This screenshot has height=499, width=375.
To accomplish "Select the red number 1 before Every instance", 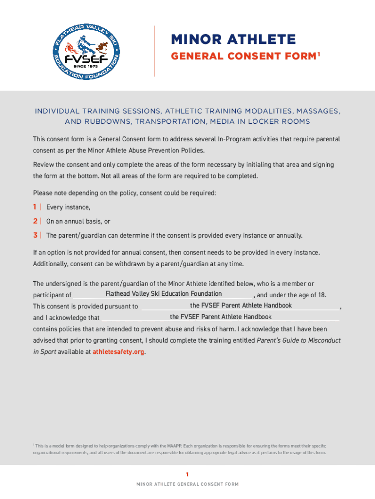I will tap(35, 207).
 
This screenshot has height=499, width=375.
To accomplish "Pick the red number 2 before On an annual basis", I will tap(35, 221).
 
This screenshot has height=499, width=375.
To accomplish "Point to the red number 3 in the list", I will tap(35, 235).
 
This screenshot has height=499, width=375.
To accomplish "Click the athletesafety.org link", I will tap(118, 352).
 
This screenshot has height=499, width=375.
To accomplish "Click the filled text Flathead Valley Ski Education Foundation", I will tap(164, 293).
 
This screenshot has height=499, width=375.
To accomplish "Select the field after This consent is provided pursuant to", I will tap(241, 306).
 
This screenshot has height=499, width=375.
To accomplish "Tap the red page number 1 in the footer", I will tap(187, 474).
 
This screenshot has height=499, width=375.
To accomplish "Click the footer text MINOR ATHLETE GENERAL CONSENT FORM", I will tap(187, 484).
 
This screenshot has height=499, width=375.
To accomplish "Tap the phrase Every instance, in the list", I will tap(68, 207).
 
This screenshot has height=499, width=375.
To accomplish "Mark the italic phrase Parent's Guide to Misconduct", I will tap(299, 340).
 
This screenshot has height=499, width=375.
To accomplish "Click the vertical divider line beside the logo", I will tap(154, 51).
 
